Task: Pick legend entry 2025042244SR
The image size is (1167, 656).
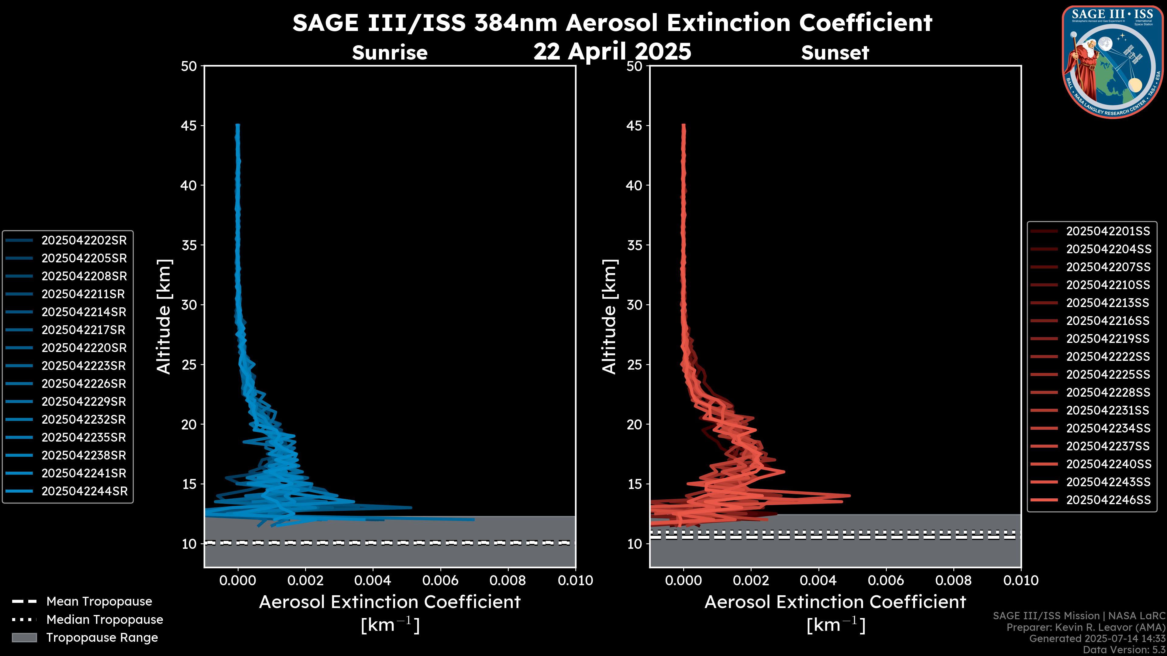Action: tap(84, 491)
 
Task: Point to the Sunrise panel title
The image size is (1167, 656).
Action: tap(390, 53)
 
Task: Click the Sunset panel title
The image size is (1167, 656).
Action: tap(835, 53)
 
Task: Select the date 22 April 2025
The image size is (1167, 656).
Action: tap(612, 51)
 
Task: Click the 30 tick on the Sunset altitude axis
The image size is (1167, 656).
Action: tap(635, 305)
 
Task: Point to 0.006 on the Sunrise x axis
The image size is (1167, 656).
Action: tap(440, 580)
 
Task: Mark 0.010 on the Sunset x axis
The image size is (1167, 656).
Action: tap(1021, 580)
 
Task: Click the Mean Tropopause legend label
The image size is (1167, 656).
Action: tap(99, 601)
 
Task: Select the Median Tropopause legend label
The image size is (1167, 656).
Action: tap(105, 619)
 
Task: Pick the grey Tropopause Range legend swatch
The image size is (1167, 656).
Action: tap(24, 637)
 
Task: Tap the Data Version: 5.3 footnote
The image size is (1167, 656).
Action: tap(1124, 650)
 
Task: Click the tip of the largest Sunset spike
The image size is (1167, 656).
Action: tap(850, 495)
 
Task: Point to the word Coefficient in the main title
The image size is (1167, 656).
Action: tap(865, 23)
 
